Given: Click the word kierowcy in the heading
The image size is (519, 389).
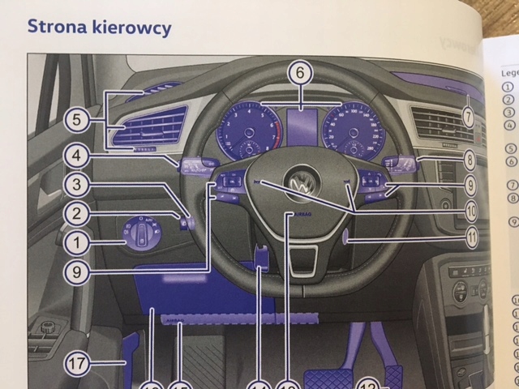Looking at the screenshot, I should [130, 28].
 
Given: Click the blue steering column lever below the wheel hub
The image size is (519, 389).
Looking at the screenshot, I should [263, 254].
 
